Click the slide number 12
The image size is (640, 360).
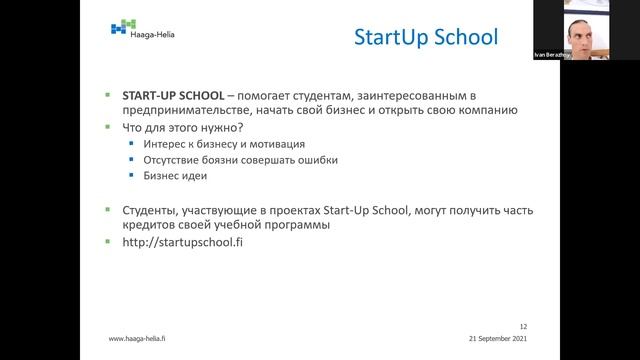(523, 326)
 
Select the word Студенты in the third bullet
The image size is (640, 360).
(149, 210)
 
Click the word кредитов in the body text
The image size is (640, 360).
(149, 226)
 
